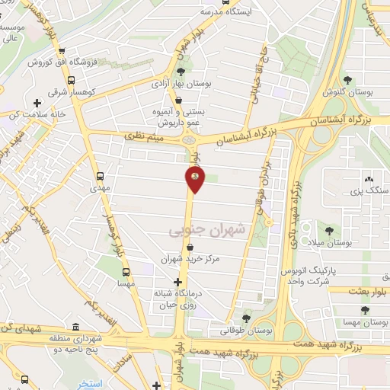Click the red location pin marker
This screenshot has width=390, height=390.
195,179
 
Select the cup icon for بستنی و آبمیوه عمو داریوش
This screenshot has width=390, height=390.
178,99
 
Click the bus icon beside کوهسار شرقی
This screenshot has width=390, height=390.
71,80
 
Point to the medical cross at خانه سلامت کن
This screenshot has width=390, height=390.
37,102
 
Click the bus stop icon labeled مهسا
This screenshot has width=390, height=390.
126,270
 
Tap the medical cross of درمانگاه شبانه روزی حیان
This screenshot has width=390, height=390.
178,282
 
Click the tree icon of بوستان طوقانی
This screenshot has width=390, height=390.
245,318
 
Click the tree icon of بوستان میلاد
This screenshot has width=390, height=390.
329,229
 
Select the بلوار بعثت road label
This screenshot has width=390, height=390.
364,290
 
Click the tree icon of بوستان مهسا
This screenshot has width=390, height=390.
366,309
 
